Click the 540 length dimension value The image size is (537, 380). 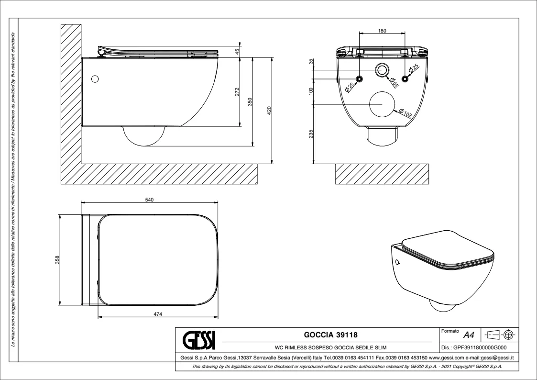(149, 200)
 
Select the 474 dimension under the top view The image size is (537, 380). (158, 314)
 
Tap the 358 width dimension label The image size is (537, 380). (57, 260)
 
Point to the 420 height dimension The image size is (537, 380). (269, 111)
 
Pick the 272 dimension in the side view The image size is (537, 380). (237, 92)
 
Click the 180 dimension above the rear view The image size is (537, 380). (382, 31)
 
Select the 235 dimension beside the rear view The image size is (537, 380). (311, 134)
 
